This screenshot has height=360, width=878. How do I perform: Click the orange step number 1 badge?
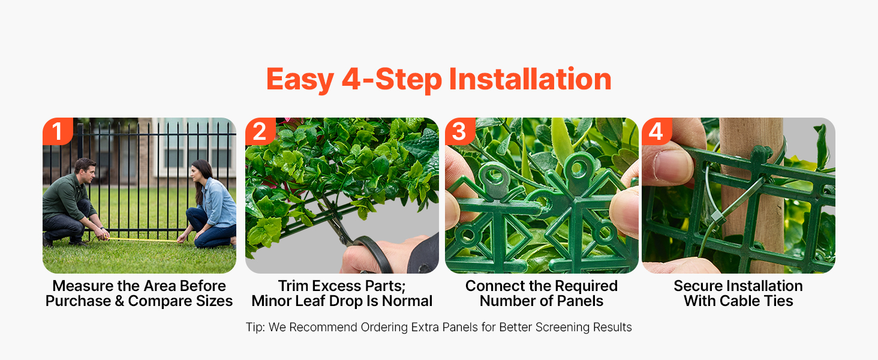coord(58,131)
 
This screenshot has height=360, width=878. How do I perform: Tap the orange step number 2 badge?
coord(260,131)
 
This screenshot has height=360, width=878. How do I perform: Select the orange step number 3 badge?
coord(460,131)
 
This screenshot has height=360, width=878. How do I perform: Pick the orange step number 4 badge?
coord(657,131)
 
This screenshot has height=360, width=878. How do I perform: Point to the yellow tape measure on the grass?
coord(143,239)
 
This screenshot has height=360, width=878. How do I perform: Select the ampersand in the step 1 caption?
coord(119,301)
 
